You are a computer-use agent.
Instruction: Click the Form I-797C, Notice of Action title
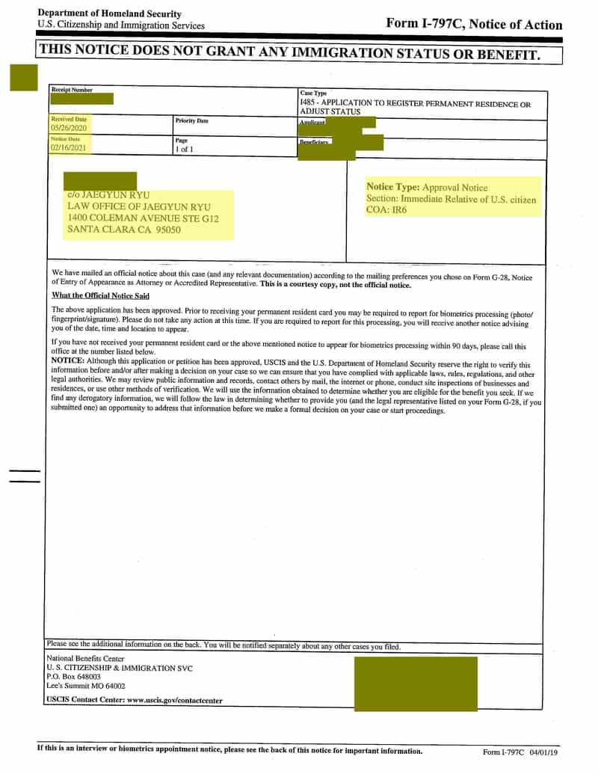[474, 23]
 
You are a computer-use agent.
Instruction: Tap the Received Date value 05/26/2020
[69, 129]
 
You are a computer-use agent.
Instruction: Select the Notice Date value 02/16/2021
[69, 148]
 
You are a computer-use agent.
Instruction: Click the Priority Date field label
[191, 120]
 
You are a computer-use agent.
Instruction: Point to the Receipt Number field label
[72, 90]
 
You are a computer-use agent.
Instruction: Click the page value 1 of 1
[183, 150]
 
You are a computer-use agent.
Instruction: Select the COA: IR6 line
[386, 210]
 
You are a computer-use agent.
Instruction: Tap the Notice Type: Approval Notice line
[426, 187]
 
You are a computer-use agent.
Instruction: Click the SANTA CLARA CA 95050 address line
[124, 230]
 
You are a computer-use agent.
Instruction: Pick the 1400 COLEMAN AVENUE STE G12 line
[144, 218]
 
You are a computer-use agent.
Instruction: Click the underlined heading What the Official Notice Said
[100, 296]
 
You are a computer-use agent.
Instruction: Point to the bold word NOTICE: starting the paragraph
[67, 360]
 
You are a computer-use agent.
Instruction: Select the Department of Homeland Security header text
[109, 13]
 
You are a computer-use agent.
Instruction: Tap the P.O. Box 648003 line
[73, 676]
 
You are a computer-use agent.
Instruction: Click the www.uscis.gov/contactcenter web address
[175, 701]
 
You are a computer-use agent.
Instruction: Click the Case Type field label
[313, 93]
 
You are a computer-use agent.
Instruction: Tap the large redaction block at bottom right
[418, 682]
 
